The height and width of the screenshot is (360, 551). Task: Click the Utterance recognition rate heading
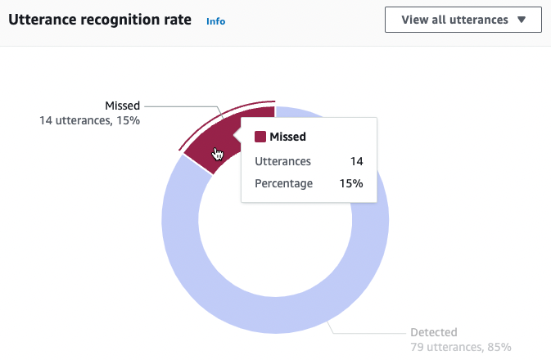point(100,20)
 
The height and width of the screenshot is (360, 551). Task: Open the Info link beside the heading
point(215,21)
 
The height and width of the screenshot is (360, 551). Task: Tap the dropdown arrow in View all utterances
point(522,20)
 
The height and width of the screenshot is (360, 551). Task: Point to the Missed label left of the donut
point(122,106)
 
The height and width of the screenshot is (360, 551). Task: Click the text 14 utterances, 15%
point(90,120)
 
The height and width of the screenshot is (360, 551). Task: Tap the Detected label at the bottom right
point(433,333)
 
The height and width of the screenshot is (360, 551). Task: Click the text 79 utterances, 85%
point(460,348)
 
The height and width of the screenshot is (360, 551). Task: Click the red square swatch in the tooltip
point(260,137)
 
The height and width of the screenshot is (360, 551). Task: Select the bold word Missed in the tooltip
point(287,137)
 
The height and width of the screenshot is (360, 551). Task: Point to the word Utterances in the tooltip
point(282,162)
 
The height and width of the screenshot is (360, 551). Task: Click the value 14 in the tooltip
point(356,162)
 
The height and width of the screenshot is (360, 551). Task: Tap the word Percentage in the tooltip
point(284,183)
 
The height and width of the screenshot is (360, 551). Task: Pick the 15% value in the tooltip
point(351,183)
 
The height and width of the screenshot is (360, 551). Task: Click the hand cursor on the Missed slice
point(218,154)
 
